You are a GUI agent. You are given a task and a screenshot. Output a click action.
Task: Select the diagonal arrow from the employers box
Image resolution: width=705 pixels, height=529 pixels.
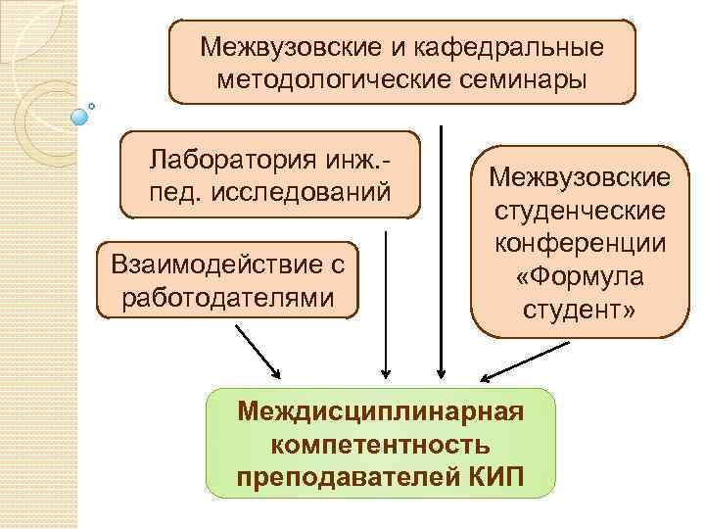tap(258, 351)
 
